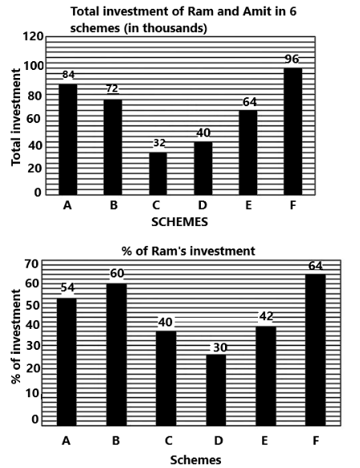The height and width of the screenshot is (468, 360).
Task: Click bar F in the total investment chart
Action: click(x=292, y=131)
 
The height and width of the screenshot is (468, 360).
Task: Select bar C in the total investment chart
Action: click(x=157, y=174)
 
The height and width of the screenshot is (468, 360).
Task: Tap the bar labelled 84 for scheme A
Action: click(x=68, y=139)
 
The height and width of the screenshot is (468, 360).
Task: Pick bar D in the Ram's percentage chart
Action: click(x=216, y=390)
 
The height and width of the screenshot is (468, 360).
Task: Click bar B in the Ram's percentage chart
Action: click(x=117, y=355)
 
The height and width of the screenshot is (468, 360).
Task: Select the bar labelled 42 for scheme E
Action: click(x=266, y=376)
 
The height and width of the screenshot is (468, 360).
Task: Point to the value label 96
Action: click(x=292, y=59)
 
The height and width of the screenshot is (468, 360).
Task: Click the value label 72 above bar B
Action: click(x=112, y=88)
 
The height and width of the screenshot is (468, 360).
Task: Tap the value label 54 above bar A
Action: click(x=67, y=288)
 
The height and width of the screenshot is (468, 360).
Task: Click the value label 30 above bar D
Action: click(x=220, y=347)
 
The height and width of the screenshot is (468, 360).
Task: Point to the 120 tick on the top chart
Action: click(x=33, y=37)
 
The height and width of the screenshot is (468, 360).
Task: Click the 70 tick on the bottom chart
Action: click(x=32, y=264)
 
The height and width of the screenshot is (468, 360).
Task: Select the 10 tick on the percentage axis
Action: click(x=32, y=393)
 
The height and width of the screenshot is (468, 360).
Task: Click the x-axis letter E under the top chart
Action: click(x=247, y=206)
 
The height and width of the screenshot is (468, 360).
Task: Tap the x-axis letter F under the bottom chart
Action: click(x=316, y=441)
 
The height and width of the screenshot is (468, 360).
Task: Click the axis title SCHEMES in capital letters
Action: click(x=179, y=222)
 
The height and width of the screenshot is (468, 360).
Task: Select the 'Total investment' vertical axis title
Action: click(x=16, y=117)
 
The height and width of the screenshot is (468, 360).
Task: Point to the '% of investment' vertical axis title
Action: click(x=16, y=336)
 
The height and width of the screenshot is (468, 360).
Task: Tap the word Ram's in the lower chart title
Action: click(x=170, y=251)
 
